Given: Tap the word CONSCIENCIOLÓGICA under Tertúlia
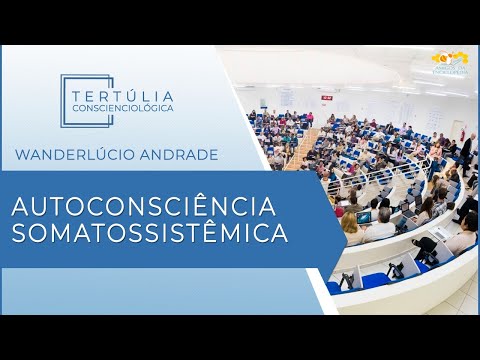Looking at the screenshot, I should pos(123,107).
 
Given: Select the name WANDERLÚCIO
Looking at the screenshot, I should pos(77,154).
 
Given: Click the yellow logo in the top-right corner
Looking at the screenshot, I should pos(451,60).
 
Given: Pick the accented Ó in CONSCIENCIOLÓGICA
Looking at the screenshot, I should pos(148,107).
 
